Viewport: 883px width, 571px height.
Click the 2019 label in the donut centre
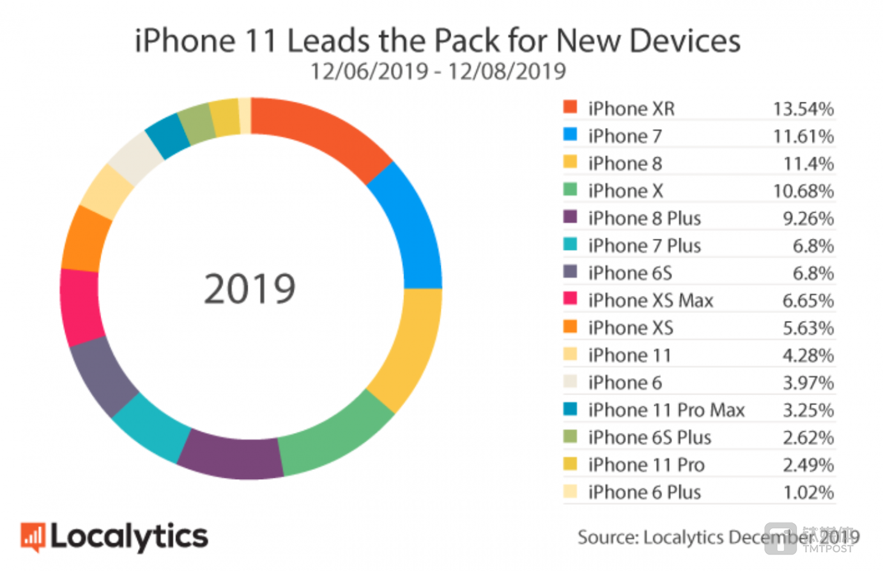[x=250, y=289]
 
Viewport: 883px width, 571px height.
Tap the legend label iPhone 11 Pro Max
[x=666, y=410]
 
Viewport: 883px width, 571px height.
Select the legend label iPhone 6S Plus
[x=649, y=437]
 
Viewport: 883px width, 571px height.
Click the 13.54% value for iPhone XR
[x=803, y=109]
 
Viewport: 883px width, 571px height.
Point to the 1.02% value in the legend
[x=808, y=493]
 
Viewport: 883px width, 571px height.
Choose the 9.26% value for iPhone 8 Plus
[x=808, y=219]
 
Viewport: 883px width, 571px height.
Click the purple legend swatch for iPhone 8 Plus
[x=570, y=217]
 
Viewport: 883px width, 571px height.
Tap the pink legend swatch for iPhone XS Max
[x=570, y=299]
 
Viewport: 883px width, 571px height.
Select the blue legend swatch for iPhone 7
[x=570, y=134]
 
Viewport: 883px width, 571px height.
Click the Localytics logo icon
[x=33, y=537]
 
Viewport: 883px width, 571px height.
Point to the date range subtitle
[x=438, y=72]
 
